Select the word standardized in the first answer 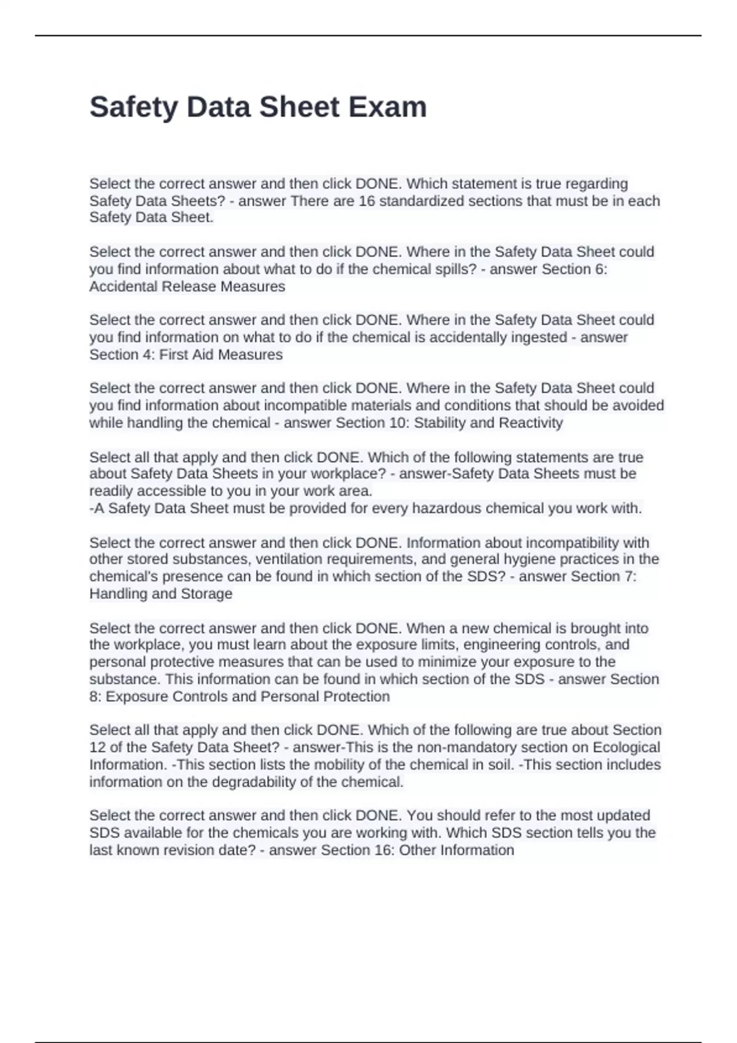421,201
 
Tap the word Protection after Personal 356,697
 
